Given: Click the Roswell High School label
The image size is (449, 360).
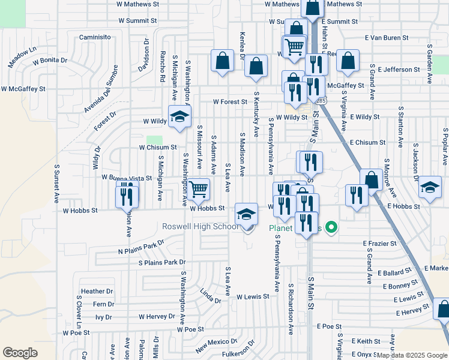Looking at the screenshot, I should (x=200, y=227).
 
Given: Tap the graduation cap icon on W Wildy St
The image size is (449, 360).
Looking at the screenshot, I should (x=178, y=118).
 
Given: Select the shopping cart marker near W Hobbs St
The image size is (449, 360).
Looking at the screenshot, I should (x=198, y=190).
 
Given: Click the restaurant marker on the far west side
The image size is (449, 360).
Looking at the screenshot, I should (x=127, y=196).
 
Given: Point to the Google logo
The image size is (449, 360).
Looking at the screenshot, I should (x=20, y=352).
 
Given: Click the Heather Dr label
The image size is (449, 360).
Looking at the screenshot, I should (x=93, y=292).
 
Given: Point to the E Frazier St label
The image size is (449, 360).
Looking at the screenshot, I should (x=379, y=244).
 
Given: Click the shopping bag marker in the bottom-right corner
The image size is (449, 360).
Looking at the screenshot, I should (x=443, y=309).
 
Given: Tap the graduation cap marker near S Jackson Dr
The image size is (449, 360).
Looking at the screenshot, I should (x=430, y=187).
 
